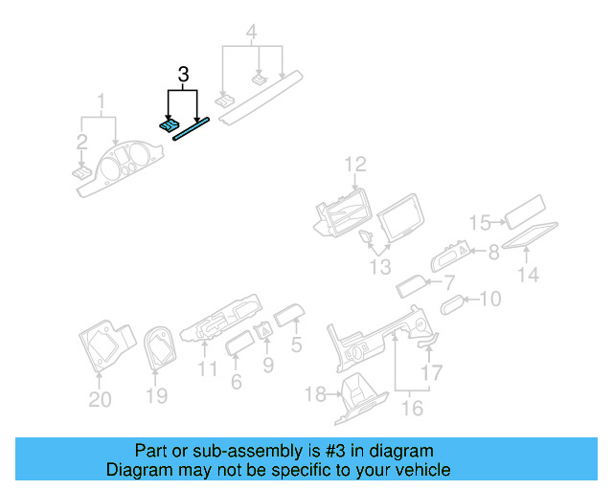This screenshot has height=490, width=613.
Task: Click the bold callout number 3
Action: click(x=182, y=74)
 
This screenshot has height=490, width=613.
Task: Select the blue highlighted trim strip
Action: click(x=191, y=127)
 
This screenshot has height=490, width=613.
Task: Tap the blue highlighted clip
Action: click(x=169, y=124)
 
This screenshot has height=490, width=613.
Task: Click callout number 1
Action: click(x=101, y=99)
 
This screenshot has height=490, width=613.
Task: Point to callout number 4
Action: click(x=251, y=35)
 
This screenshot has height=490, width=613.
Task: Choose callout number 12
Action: click(x=355, y=164)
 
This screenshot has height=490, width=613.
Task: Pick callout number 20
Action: click(x=100, y=399)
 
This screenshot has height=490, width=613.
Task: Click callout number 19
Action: click(x=156, y=395)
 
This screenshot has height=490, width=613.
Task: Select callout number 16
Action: click(x=412, y=409)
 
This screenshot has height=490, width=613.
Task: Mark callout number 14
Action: click(x=529, y=275)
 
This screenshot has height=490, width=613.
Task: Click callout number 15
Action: click(x=481, y=223)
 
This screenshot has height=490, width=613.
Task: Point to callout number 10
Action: click(x=489, y=300)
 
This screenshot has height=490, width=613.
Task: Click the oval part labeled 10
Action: click(x=452, y=304)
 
